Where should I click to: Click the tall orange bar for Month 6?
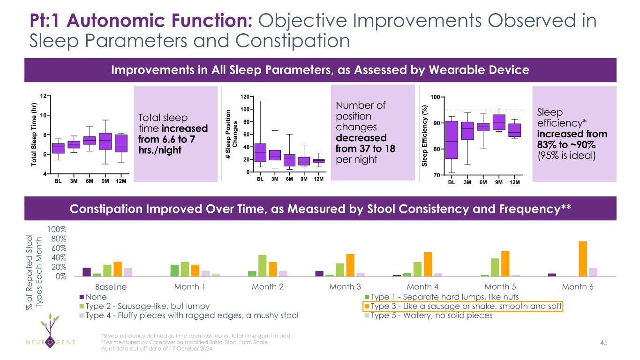[583, 259]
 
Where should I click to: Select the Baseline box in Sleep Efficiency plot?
[452, 140]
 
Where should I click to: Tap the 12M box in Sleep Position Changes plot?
[319, 161]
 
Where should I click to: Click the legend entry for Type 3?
[463, 306]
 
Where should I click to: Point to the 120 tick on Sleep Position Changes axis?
[244, 97]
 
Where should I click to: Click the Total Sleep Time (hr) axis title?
[34, 134]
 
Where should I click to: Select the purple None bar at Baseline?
[87, 272]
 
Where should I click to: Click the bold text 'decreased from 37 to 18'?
[365, 143]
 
